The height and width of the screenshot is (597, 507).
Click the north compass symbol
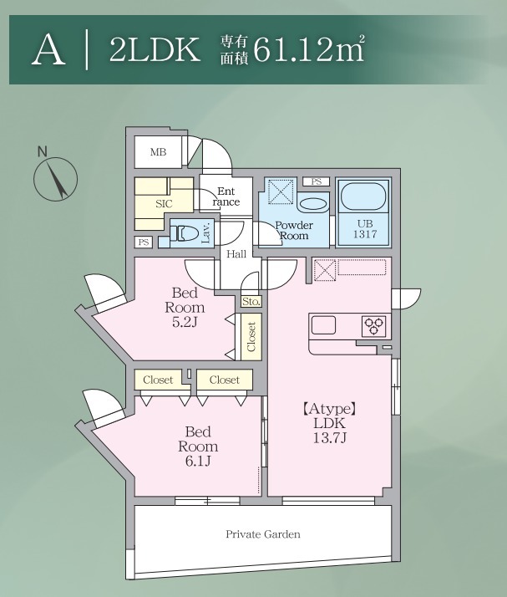pyautogui.click(x=55, y=179)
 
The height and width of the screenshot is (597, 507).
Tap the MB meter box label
pyautogui.click(x=158, y=152)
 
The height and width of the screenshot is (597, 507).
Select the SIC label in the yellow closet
pyautogui.click(x=164, y=204)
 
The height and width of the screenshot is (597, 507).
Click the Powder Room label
pyautogui.click(x=294, y=230)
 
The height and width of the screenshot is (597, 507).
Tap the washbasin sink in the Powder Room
pyautogui.click(x=312, y=204)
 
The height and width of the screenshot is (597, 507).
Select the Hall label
pyautogui.click(x=236, y=254)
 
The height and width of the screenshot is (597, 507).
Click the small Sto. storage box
pyautogui.click(x=251, y=302)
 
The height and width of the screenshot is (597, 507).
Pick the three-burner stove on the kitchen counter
pyautogui.click(x=373, y=326)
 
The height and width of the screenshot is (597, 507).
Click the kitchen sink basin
pyautogui.click(x=323, y=325)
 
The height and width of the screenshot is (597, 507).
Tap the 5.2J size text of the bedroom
pyautogui.click(x=185, y=322)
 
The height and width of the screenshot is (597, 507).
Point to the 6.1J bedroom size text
pyautogui.click(x=198, y=461)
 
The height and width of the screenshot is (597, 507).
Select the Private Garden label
pyautogui.click(x=263, y=534)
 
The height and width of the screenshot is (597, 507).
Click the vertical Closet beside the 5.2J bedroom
pyautogui.click(x=251, y=337)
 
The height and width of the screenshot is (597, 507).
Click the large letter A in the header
pyautogui.click(x=48, y=49)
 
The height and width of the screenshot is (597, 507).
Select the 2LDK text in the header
pyautogui.click(x=155, y=49)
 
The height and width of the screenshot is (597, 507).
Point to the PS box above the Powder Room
pyautogui.click(x=316, y=181)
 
